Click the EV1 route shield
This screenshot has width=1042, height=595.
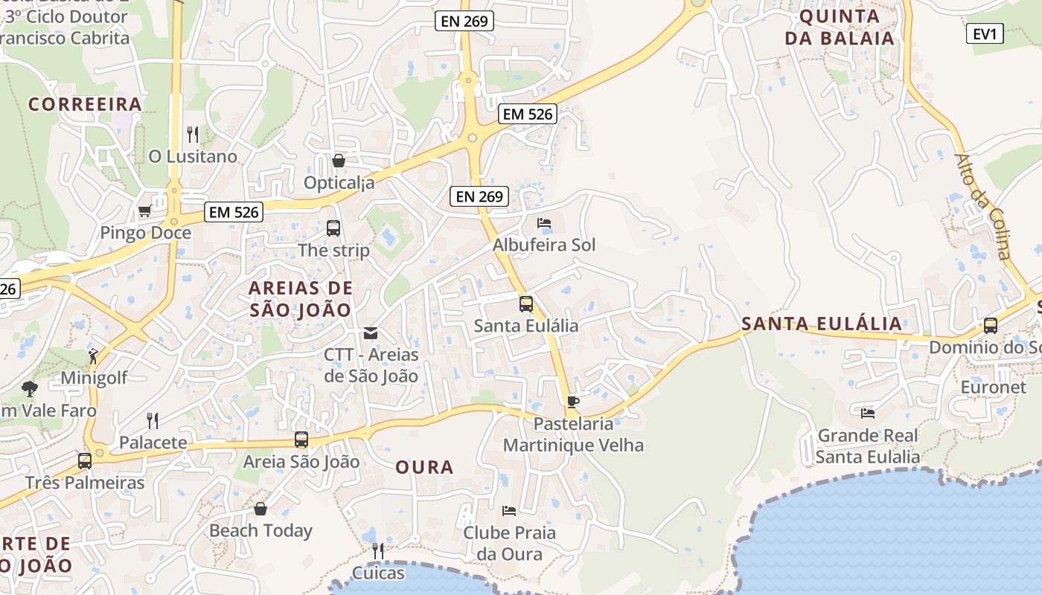[x=985, y=33]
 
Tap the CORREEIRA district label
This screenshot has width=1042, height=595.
[x=85, y=104]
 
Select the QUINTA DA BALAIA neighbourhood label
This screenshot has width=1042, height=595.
[x=840, y=28]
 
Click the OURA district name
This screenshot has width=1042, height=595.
[x=424, y=467]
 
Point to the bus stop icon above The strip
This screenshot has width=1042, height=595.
[x=333, y=228]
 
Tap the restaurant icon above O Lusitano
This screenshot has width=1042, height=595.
[x=193, y=135]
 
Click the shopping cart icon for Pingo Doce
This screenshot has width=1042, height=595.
[x=144, y=211]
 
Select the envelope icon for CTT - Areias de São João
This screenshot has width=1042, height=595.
[x=371, y=333]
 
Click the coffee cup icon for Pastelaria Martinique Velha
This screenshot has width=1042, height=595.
[x=572, y=402]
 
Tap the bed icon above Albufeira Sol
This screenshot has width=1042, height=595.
[x=544, y=223]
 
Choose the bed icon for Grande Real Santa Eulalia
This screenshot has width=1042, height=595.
[x=867, y=413]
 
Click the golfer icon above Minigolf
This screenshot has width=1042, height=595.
[x=93, y=356]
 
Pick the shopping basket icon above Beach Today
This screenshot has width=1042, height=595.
[x=260, y=509]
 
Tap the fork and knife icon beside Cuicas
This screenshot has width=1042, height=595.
[x=377, y=551]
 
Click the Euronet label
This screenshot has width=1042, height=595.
[x=993, y=387]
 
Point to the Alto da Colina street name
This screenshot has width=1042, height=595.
[x=983, y=206]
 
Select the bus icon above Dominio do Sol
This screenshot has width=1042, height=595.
[x=990, y=325]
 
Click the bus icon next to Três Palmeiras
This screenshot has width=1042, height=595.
[x=85, y=460]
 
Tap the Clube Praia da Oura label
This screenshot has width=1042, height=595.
[x=509, y=543]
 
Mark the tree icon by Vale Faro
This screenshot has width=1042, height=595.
[x=30, y=388]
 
